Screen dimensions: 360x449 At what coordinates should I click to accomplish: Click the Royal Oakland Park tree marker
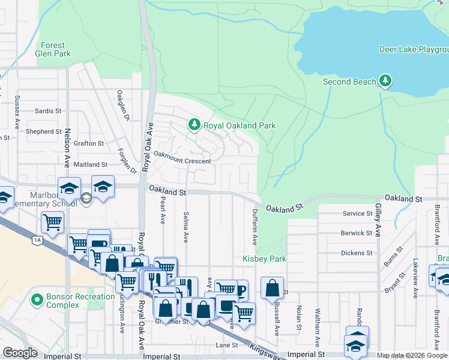tap(194, 125)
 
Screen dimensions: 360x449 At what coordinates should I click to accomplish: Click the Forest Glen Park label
tap(53, 49)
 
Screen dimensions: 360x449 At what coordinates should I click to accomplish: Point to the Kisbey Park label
tap(264, 259)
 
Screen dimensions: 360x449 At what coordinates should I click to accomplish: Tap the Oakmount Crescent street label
tap(182, 161)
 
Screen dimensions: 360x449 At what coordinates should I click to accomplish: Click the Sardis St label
tap(48, 111)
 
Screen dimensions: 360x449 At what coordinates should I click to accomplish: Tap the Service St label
tap(358, 214)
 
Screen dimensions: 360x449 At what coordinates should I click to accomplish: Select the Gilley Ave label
tap(378, 220)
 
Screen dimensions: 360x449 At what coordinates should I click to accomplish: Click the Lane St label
tap(228, 346)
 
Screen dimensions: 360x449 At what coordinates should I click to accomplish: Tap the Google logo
tap(20, 353)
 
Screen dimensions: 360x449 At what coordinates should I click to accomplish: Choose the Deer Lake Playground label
tap(414, 49)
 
